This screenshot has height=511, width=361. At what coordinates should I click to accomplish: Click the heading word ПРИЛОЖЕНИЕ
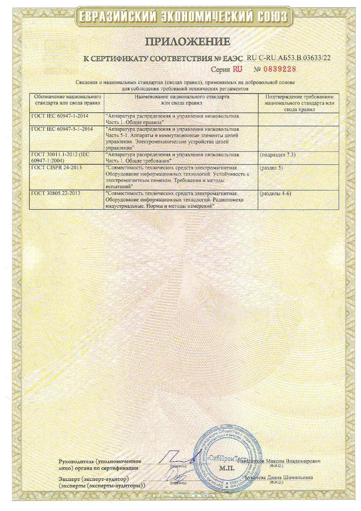[x=188, y=42]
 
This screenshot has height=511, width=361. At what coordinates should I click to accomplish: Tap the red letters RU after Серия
[x=237, y=69]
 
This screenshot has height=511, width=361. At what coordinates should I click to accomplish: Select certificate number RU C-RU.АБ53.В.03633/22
[x=288, y=58]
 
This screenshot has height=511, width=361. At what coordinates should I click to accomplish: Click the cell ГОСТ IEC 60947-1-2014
[x=60, y=116]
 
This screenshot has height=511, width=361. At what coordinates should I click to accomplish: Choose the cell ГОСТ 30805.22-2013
[x=56, y=193]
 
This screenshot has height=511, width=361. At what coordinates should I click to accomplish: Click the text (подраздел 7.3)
[x=277, y=155]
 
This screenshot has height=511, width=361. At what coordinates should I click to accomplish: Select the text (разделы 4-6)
[x=275, y=193]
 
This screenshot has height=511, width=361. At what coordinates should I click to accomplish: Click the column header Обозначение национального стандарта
[x=67, y=99]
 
